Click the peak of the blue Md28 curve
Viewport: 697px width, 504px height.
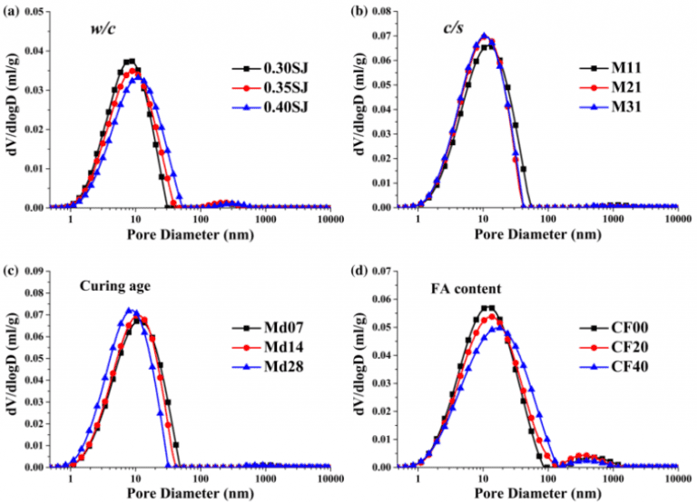click(130, 310)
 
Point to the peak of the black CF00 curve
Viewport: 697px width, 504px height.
click(487, 308)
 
